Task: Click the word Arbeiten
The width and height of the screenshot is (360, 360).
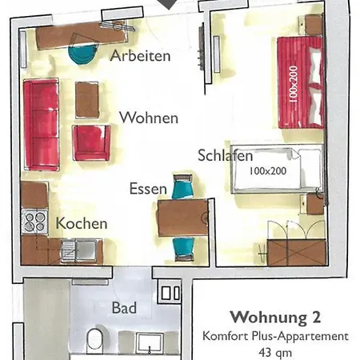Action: pyautogui.click(x=141, y=56)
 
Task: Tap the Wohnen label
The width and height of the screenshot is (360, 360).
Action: pyautogui.click(x=149, y=118)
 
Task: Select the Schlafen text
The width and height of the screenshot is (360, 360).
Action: pyautogui.click(x=226, y=155)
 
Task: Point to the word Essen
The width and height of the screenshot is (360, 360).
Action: pyautogui.click(x=148, y=190)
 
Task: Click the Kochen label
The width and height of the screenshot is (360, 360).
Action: pyautogui.click(x=82, y=223)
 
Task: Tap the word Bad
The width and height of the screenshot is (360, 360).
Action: pyautogui.click(x=124, y=307)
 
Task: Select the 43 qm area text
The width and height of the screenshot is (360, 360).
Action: pyautogui.click(x=275, y=351)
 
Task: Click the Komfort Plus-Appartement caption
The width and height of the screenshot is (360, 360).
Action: pyautogui.click(x=275, y=335)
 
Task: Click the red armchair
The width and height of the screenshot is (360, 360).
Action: pyautogui.click(x=91, y=142)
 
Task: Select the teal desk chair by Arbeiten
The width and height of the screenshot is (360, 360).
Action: pyautogui.click(x=82, y=54)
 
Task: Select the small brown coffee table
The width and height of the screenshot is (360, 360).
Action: pyautogui.click(x=87, y=99)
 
